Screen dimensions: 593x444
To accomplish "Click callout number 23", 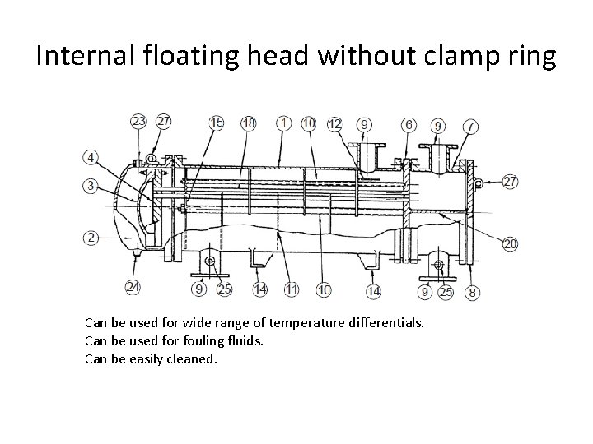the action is pos(140,122).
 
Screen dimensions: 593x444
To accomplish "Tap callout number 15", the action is pos(217,123).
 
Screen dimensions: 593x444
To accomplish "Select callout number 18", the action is pos(248,123).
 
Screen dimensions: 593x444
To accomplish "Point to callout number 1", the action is pos(283,123).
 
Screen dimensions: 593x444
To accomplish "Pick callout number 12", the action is pos(335,123).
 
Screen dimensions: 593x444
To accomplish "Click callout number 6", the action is pos(409,124).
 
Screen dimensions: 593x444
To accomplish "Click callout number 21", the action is pos(133,286).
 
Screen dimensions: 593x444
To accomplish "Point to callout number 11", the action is pos(291,289).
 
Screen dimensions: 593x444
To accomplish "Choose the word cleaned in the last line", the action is pos(191,358).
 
